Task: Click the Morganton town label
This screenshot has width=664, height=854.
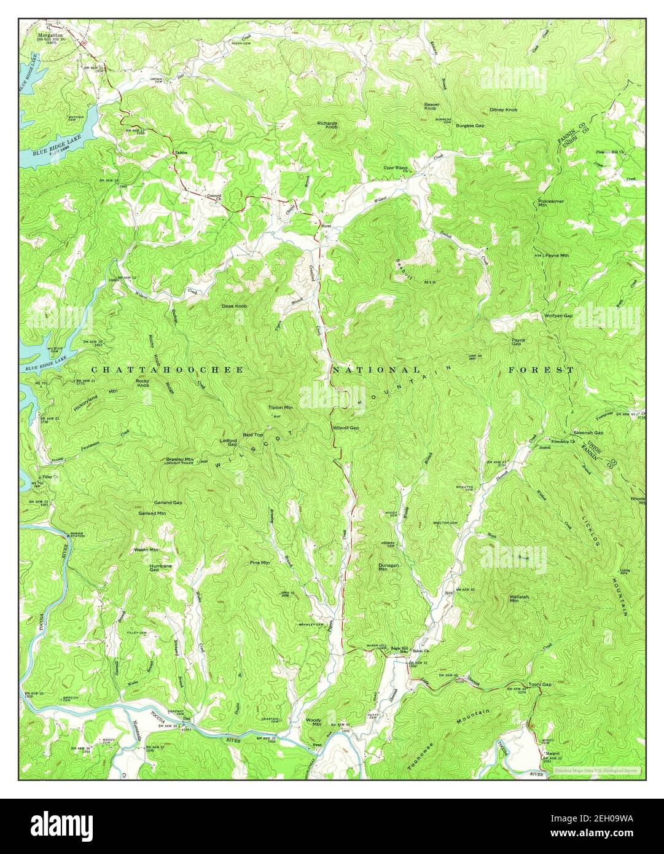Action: (51, 36)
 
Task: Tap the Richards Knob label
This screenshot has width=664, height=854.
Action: (327, 125)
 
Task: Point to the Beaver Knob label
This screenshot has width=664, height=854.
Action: (431, 106)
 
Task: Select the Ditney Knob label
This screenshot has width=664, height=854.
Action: (503, 110)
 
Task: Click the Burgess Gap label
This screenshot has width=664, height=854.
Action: (470, 125)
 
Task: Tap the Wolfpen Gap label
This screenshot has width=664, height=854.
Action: (558, 315)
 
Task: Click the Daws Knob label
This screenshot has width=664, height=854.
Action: (235, 305)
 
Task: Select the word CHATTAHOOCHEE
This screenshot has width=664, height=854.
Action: (167, 370)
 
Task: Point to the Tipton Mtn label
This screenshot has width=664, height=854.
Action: (280, 407)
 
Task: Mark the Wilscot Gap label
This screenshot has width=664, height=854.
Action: (345, 428)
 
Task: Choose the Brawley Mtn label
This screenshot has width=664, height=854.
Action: (179, 459)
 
